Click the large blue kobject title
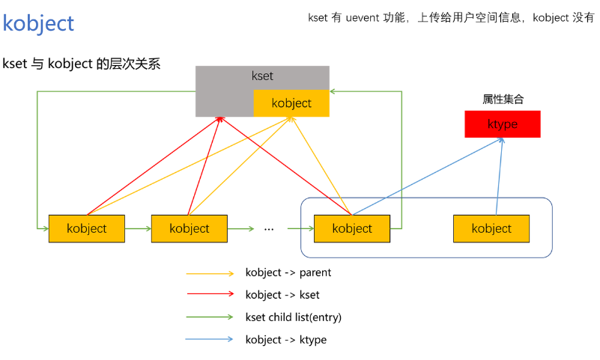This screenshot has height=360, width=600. pyautogui.click(x=39, y=23)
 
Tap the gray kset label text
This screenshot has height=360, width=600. pyautogui.click(x=262, y=76)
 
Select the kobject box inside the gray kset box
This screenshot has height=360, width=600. pyautogui.click(x=291, y=103)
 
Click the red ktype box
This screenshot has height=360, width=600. pyautogui.click(x=502, y=124)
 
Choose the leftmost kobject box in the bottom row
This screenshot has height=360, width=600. pyautogui.click(x=86, y=228)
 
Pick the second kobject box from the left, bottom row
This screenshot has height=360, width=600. pyautogui.click(x=189, y=228)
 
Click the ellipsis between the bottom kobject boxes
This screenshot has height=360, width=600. pyautogui.click(x=270, y=228)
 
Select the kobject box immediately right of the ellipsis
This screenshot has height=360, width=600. pyautogui.click(x=351, y=228)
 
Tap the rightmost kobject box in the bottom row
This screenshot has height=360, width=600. pyautogui.click(x=491, y=228)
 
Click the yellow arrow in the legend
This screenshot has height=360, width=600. pyautogui.click(x=210, y=273)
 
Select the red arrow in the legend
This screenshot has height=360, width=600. pyautogui.click(x=210, y=295)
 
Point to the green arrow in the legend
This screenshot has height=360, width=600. pyautogui.click(x=210, y=317)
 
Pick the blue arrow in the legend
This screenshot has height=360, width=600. pyautogui.click(x=210, y=340)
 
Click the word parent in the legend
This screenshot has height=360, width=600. pyautogui.click(x=315, y=273)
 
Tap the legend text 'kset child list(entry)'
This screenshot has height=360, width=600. pyautogui.click(x=293, y=317)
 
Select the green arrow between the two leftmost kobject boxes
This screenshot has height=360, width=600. pyautogui.click(x=138, y=228)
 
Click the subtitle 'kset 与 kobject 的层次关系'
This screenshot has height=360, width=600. pyautogui.click(x=82, y=64)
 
